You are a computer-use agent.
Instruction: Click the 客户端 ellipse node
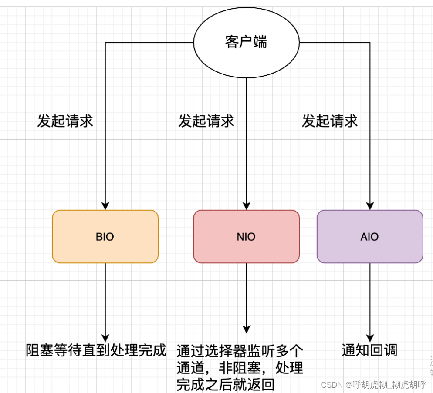(x=246, y=42)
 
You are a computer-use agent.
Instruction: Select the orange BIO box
(x=105, y=237)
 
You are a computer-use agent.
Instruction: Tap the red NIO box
(x=246, y=237)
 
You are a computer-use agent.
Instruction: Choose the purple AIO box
(x=369, y=237)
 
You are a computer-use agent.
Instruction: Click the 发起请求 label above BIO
(x=65, y=121)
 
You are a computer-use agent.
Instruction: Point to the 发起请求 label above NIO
(x=206, y=121)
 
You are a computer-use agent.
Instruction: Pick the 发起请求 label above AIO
(x=330, y=121)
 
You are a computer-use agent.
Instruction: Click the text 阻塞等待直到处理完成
(x=96, y=350)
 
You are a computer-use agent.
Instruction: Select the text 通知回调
(x=369, y=350)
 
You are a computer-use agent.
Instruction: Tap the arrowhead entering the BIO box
(x=105, y=206)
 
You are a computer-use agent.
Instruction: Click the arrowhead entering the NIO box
(x=246, y=206)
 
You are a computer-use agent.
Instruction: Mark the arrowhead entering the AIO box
(x=370, y=206)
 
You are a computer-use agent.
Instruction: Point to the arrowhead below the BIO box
(x=105, y=337)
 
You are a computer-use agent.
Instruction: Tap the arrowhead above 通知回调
(x=370, y=337)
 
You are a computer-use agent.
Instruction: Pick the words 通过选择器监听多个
(x=240, y=351)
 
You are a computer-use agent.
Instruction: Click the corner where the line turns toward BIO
(x=105, y=43)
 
